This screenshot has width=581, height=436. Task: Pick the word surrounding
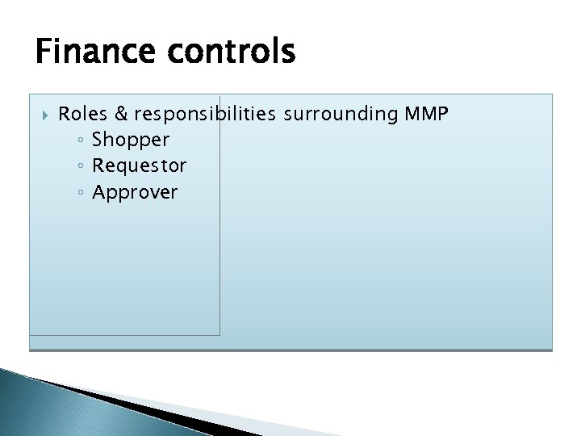[x=341, y=114]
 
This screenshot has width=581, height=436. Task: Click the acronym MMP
[x=426, y=114]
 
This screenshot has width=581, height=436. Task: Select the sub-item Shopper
[x=131, y=140]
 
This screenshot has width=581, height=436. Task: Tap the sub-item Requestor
[x=139, y=166]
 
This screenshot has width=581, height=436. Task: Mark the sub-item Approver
[x=135, y=192]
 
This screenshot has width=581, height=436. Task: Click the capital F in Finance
[x=44, y=52]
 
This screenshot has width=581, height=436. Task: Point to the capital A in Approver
[x=99, y=192]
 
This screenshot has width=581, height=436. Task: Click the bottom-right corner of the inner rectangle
[x=219, y=334]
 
